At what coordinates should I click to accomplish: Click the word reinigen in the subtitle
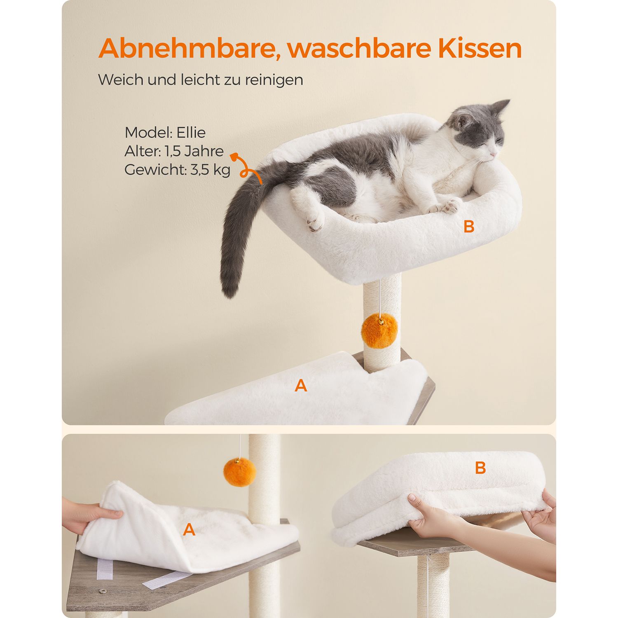coord(274,80)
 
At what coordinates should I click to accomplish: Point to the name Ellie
coord(191,132)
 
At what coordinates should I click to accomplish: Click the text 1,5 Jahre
coord(194,151)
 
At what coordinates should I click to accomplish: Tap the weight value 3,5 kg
coord(210,170)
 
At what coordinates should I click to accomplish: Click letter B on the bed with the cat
coord(469,226)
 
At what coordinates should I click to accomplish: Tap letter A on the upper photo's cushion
coord(301,386)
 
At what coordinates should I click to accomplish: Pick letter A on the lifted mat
coord(189,530)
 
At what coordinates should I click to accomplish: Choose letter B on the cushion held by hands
coord(480,468)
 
